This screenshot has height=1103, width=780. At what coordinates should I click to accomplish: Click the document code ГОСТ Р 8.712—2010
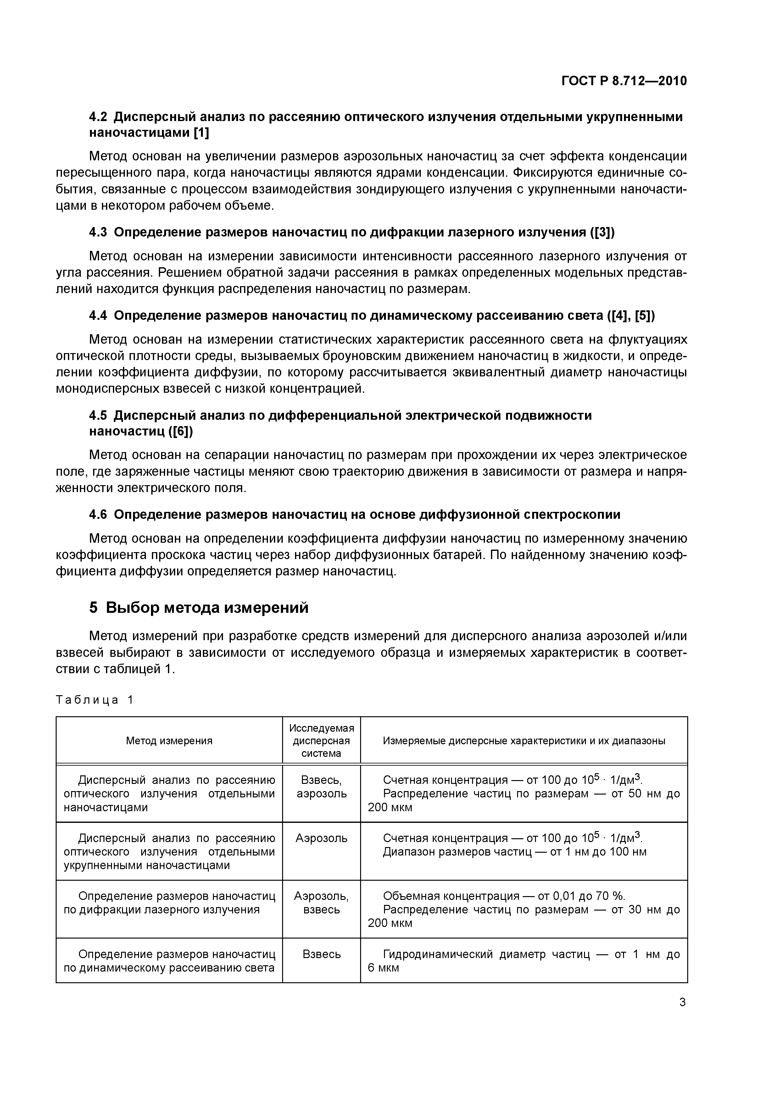(624, 81)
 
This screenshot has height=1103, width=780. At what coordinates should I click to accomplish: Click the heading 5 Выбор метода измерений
(199, 608)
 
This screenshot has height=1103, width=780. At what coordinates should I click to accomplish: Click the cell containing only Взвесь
(321, 954)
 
